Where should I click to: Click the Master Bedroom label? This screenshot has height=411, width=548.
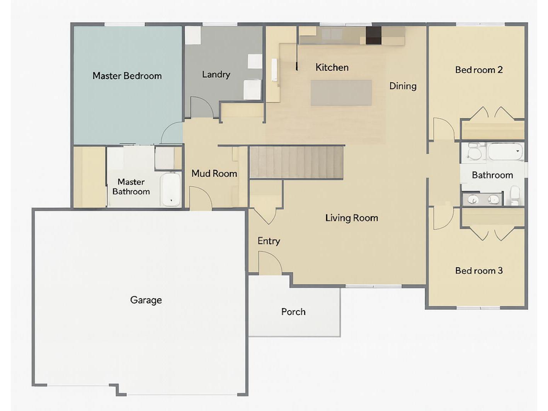pyautogui.click(x=127, y=76)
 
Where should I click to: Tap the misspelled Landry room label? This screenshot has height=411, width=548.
pyautogui.click(x=216, y=74)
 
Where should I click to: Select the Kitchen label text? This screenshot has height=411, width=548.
pyautogui.click(x=332, y=68)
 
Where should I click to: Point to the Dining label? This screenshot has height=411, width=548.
pyautogui.click(x=403, y=86)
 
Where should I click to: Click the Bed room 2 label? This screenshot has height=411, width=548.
pyautogui.click(x=479, y=70)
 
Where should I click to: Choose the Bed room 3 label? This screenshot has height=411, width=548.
pyautogui.click(x=479, y=271)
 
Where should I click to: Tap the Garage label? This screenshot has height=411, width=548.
pyautogui.click(x=146, y=300)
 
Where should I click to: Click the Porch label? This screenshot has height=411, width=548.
pyautogui.click(x=293, y=312)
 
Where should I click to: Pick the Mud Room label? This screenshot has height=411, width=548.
pyautogui.click(x=214, y=174)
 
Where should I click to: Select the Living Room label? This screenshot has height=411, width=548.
pyautogui.click(x=351, y=218)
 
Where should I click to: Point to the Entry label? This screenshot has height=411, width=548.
pyautogui.click(x=269, y=241)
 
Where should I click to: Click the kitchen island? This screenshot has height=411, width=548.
pyautogui.click(x=341, y=93)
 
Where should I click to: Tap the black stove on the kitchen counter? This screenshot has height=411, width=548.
pyautogui.click(x=373, y=35)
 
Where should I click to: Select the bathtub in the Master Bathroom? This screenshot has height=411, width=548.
pyautogui.click(x=171, y=189)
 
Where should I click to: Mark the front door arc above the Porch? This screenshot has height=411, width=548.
pyautogui.click(x=269, y=263)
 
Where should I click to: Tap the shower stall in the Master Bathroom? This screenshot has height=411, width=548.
pyautogui.click(x=165, y=158)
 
